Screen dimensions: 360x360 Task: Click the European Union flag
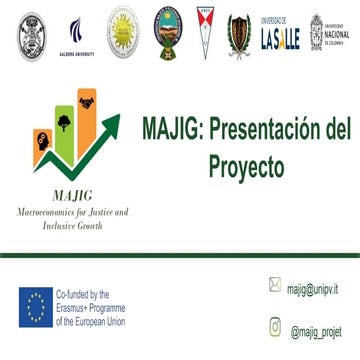click(x=35, y=307)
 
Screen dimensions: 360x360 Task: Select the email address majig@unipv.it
click(x=312, y=287)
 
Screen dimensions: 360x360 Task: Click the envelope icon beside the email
click(x=275, y=285)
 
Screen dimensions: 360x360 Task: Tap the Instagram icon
click(x=275, y=326)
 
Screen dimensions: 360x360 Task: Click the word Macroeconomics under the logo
click(x=51, y=213)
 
